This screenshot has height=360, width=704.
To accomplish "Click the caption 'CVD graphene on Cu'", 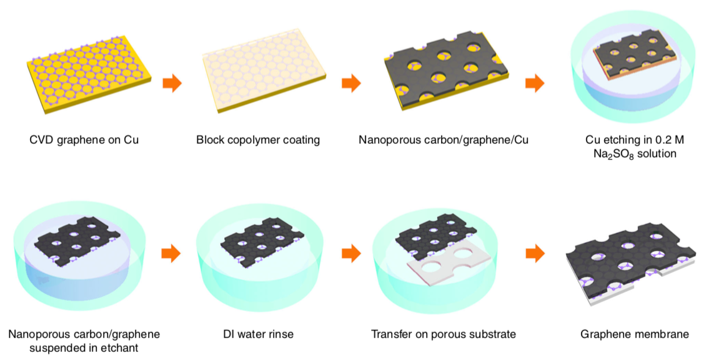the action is pyautogui.click(x=84, y=140).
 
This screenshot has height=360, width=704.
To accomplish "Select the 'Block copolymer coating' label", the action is pyautogui.click(x=258, y=140).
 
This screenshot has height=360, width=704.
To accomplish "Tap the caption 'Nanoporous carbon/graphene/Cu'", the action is pyautogui.click(x=443, y=140).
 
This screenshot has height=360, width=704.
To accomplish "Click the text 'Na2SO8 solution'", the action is pyautogui.click(x=635, y=154).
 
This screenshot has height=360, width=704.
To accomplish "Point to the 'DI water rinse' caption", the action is pyautogui.click(x=258, y=334).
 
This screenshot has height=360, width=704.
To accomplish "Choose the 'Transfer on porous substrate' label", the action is pyautogui.click(x=443, y=334).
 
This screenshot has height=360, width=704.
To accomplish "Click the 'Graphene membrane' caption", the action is pyautogui.click(x=635, y=334).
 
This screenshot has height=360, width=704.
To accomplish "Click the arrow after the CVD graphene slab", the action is pyautogui.click(x=172, y=83).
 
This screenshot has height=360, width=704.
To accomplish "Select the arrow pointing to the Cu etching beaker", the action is pyautogui.click(x=535, y=83).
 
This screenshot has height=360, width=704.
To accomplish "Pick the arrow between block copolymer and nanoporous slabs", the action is pyautogui.click(x=351, y=83).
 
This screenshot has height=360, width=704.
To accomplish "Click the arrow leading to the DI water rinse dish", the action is pyautogui.click(x=171, y=254).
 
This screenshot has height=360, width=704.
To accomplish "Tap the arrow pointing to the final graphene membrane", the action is pyautogui.click(x=535, y=254).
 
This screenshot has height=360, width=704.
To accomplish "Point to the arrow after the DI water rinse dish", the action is pyautogui.click(x=351, y=254).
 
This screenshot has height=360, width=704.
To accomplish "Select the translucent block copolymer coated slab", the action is pyautogui.click(x=264, y=72).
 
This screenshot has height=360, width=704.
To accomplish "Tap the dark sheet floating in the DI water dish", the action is pyautogui.click(x=259, y=242).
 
